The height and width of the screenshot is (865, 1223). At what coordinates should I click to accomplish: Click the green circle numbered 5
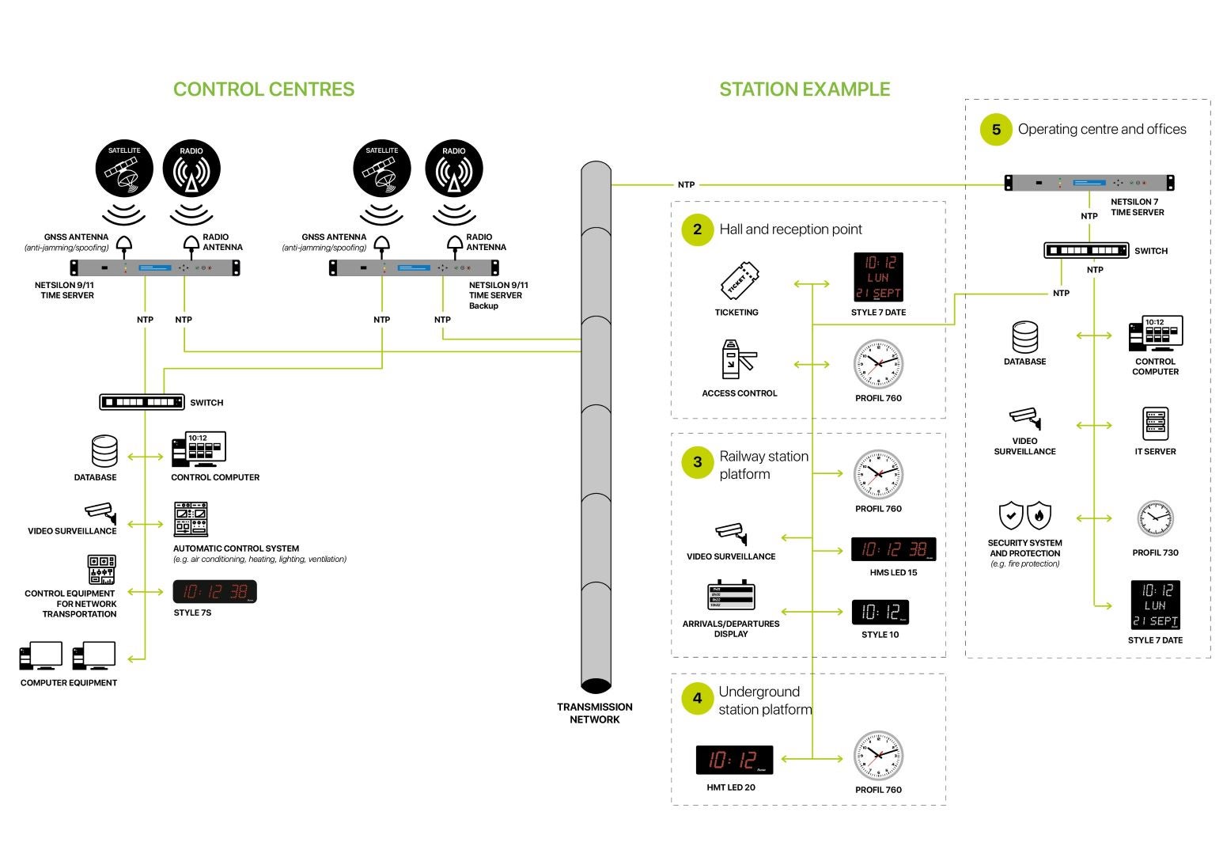(x=996, y=130)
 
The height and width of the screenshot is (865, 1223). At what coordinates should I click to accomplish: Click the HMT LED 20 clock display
(x=734, y=760)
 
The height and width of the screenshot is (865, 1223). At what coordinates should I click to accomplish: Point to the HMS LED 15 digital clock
(x=893, y=549)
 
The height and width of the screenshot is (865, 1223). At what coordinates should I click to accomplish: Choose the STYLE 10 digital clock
(x=880, y=612)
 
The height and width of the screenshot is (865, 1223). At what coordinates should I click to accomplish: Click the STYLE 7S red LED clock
(x=215, y=592)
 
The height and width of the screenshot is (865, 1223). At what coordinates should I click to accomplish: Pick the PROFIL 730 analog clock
(x=1155, y=519)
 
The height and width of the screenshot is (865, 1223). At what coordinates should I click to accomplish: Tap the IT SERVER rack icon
(x=1155, y=424)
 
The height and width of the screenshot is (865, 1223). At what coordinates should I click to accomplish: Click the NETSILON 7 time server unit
(x=1089, y=183)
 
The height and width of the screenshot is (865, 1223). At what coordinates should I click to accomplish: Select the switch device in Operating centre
(x=1086, y=251)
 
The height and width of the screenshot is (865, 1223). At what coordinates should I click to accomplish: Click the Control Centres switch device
(x=142, y=402)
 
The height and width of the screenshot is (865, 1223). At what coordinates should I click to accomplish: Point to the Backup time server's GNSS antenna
(x=382, y=243)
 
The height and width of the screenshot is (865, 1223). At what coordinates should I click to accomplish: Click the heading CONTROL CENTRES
(x=263, y=89)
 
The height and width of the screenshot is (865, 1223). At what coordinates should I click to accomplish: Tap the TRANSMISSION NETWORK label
(x=595, y=713)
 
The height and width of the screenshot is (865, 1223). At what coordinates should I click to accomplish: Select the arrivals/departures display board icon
(x=730, y=596)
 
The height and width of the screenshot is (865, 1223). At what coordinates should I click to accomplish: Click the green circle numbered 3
(x=697, y=463)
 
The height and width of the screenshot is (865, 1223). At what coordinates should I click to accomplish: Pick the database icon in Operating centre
(x=1025, y=337)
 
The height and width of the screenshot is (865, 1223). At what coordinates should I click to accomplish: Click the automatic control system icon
(x=191, y=519)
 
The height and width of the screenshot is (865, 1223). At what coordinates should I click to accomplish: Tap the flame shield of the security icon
(x=1039, y=516)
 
